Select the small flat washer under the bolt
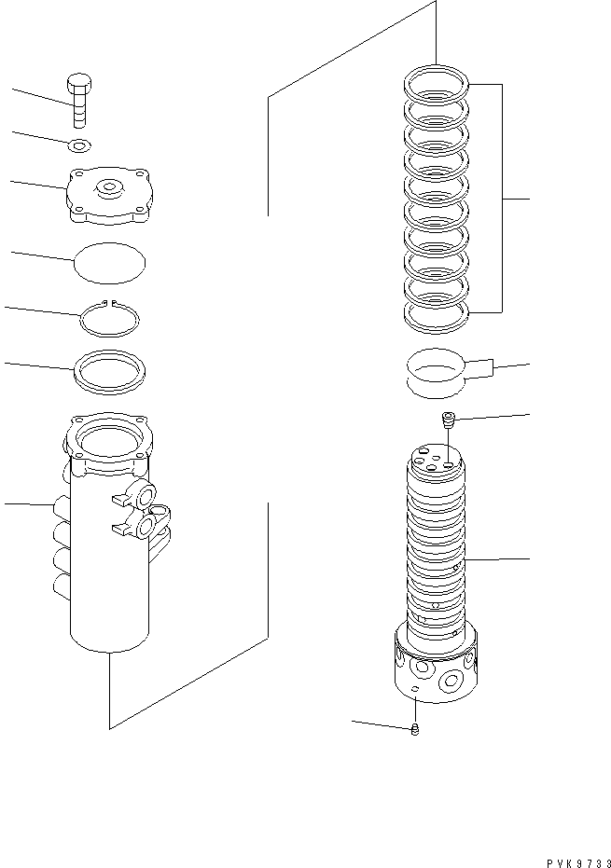point(80,145)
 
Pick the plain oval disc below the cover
point(110,261)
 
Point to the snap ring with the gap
point(109,319)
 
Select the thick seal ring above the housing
point(109,369)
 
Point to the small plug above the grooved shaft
point(448,420)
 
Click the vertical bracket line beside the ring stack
point(504,198)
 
